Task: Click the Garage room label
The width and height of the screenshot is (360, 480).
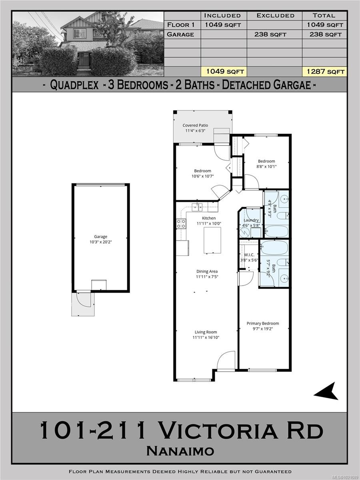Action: [100, 237]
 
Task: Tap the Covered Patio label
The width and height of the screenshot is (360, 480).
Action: [195, 125]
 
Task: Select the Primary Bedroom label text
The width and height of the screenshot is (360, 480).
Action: [262, 324]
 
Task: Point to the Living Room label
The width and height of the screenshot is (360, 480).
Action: [206, 332]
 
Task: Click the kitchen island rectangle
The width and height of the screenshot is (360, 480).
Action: [212, 240]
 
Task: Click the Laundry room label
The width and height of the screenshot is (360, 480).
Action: [251, 220]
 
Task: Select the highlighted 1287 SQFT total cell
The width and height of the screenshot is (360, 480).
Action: [324, 72]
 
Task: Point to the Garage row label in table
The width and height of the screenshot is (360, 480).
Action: [180, 34]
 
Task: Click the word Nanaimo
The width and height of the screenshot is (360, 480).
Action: [180, 451]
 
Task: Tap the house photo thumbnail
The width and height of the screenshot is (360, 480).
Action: [88, 44]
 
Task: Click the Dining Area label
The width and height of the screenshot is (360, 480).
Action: [207, 272]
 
